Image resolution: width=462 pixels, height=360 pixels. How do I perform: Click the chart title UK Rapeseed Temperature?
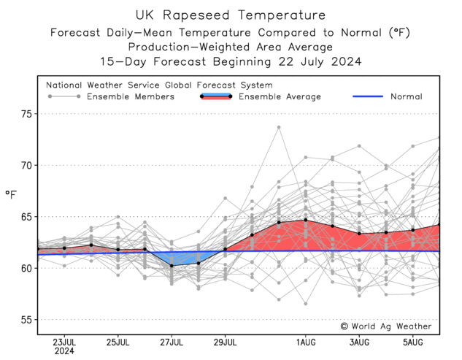231,15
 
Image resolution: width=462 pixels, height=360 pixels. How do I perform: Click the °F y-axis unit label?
11,194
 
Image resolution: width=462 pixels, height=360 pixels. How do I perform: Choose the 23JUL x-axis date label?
64,341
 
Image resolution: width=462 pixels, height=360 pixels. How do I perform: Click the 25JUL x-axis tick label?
118,341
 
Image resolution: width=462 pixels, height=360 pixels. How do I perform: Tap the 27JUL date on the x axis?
172,341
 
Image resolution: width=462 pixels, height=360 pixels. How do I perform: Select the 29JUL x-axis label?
225,341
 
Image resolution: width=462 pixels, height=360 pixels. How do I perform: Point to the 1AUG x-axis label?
306,341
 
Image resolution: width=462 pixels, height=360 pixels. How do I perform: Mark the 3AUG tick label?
359,341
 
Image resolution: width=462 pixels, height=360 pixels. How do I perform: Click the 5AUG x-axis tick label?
412,341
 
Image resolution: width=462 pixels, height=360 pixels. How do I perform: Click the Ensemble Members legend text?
131,96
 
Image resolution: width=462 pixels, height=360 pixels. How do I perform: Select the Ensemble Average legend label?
280,96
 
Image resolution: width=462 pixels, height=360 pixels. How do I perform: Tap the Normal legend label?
406,96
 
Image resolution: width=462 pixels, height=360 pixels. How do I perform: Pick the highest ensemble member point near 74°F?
279,127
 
